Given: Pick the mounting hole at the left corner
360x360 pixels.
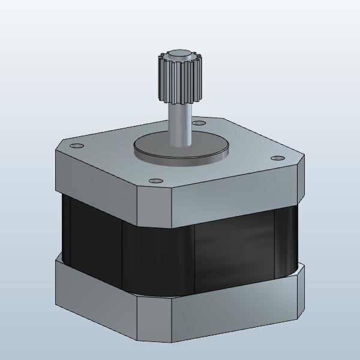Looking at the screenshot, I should pos(76,146).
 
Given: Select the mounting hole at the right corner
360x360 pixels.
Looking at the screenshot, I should pos(277,158).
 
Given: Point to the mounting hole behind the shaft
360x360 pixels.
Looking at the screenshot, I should pos(197,124).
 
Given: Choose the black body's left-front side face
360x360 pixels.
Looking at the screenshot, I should pos(93,240).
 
